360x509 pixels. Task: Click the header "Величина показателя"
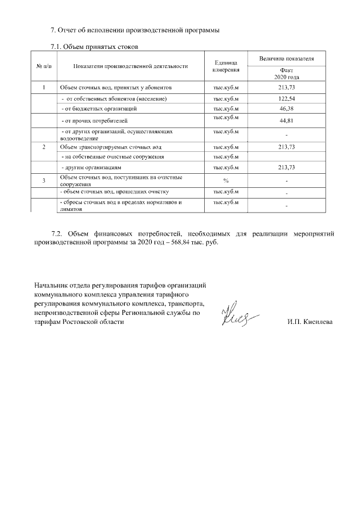[287, 58]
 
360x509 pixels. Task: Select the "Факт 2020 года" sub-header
[287, 73]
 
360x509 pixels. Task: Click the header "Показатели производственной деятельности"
[130, 66]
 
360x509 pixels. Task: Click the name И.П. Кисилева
[310, 322]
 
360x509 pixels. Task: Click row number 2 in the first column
[44, 146]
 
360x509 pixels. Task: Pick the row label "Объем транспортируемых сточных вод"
[103, 146]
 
